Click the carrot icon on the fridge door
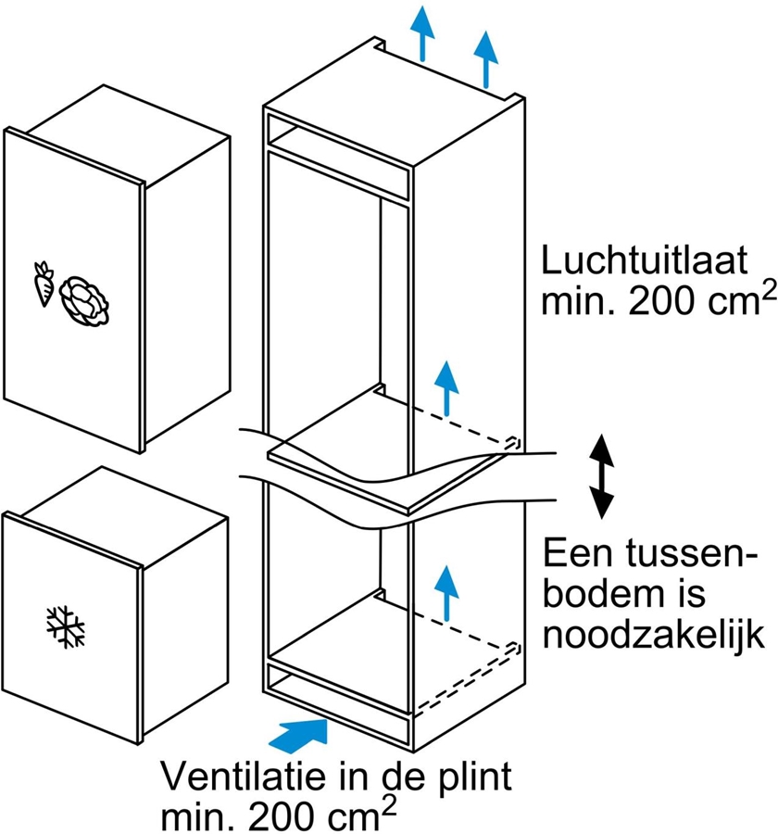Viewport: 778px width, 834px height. coord(43,284)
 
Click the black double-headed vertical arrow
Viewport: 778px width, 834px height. coord(603,475)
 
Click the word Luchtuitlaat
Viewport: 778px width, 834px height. coord(645,262)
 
